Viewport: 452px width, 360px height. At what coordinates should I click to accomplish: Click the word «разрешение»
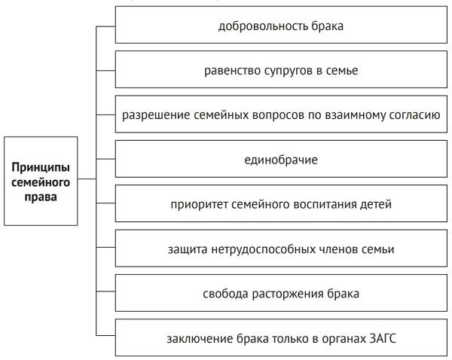pos(151,116)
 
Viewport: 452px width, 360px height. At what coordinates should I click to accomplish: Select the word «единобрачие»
pos(280,160)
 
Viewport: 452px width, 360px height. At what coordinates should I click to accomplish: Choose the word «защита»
pos(190,249)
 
